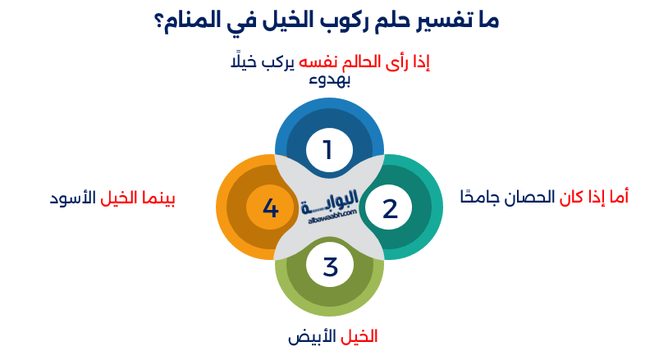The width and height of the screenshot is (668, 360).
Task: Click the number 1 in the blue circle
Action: pos(327,150)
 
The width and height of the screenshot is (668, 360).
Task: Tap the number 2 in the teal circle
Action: pos(390,208)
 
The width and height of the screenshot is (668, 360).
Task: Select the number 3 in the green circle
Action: pos(329,267)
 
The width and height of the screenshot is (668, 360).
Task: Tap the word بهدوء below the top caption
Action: pos(329,80)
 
